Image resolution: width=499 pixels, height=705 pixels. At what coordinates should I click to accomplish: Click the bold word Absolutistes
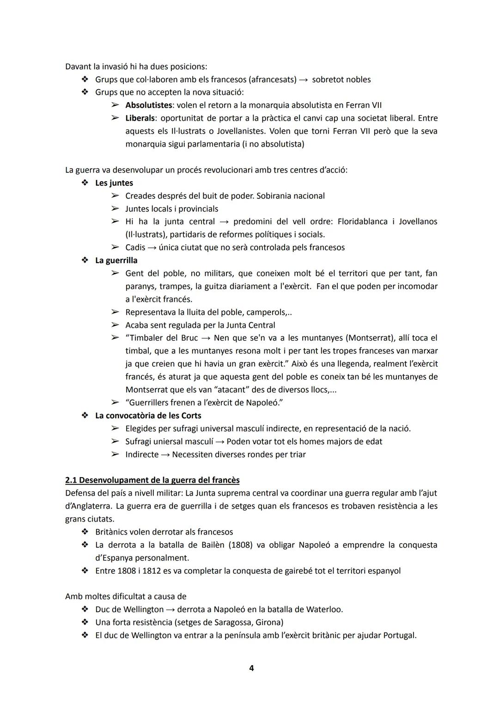point(149,105)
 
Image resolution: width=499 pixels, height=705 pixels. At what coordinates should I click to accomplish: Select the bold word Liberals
point(140,118)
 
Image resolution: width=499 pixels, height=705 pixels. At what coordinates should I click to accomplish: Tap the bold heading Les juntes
point(114,183)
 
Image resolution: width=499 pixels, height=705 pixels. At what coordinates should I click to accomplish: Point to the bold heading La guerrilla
point(116,260)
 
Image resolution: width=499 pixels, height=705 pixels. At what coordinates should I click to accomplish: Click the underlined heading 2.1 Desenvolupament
point(152,480)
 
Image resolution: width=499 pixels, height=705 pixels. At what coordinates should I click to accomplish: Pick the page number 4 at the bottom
point(251,668)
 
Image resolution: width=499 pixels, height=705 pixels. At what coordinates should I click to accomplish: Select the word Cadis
point(135,247)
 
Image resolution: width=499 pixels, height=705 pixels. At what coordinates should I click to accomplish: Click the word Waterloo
point(324,609)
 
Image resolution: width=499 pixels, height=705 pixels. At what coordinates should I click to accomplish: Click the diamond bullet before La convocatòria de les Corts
point(85,416)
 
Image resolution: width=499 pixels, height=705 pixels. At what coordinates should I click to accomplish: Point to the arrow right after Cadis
point(152,247)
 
